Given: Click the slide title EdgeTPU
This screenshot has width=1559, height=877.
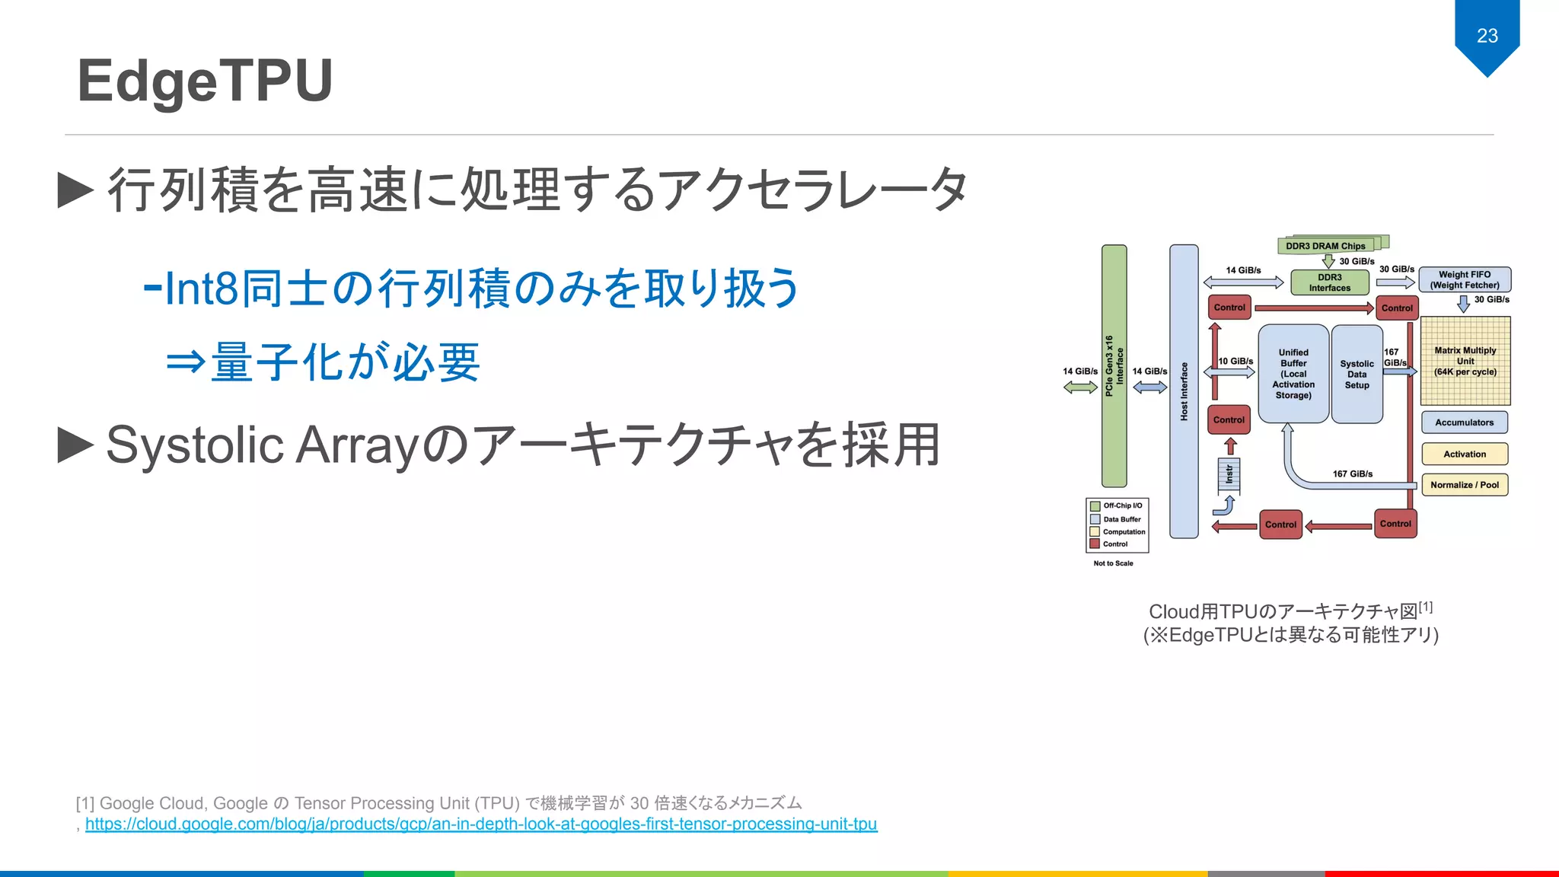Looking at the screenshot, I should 205,81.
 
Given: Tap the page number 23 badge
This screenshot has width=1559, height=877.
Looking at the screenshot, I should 1487,35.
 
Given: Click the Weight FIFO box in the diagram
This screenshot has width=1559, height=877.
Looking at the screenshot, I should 1465,279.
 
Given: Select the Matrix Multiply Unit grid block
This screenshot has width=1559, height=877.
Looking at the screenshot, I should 1465,361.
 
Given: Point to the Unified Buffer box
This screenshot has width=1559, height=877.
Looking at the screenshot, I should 1293,374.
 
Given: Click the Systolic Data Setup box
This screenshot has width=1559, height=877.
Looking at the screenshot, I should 1357,374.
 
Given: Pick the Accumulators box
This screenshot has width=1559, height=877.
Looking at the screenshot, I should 1464,423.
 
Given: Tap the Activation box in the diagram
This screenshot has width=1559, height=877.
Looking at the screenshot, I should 1464,454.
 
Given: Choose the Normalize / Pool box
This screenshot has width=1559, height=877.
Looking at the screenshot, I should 1464,485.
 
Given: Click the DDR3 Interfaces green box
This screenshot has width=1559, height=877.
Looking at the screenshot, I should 1329,282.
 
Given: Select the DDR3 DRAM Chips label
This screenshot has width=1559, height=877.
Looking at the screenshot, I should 1325,246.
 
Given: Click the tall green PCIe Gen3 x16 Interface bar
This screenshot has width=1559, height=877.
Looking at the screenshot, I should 1114,365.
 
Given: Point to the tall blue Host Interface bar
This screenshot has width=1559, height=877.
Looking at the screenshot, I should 1184,391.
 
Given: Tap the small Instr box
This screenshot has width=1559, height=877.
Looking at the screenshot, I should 1229,475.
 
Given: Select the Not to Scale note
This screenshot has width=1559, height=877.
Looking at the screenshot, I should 1113,563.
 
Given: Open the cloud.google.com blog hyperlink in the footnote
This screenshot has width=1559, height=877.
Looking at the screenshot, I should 481,824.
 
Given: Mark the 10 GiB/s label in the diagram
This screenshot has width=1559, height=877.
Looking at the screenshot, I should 1235,361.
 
